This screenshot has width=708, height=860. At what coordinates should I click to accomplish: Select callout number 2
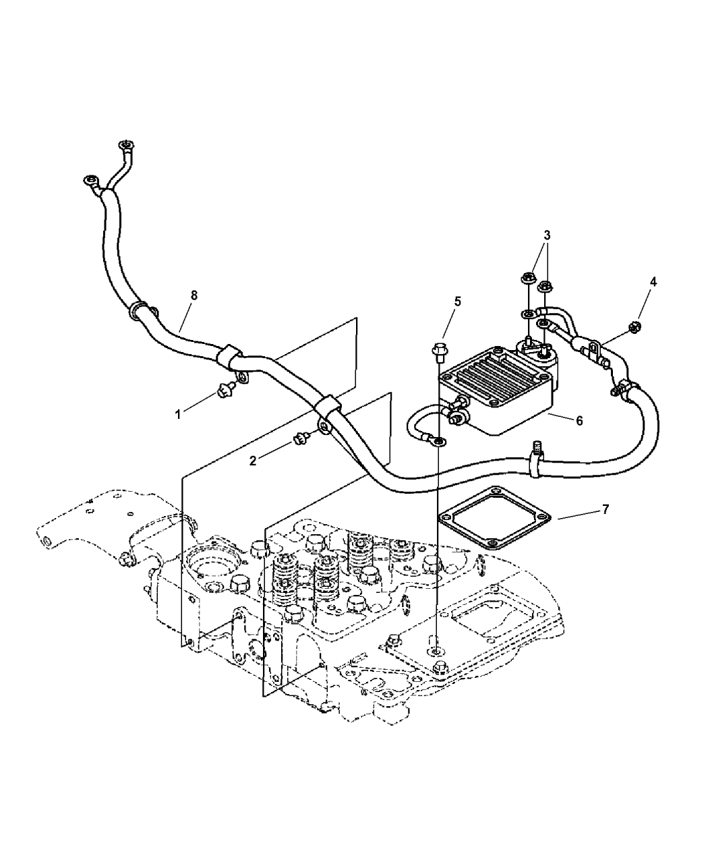[254, 461]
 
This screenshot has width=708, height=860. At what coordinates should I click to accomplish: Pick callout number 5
[458, 301]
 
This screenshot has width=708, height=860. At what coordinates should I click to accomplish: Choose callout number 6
[579, 420]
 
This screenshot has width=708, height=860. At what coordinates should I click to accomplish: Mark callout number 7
[605, 509]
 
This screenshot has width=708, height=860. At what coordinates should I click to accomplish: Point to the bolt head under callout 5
[439, 351]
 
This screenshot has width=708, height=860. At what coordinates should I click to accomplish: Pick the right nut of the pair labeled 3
[546, 288]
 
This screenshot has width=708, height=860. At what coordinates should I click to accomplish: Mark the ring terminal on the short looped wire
[439, 442]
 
